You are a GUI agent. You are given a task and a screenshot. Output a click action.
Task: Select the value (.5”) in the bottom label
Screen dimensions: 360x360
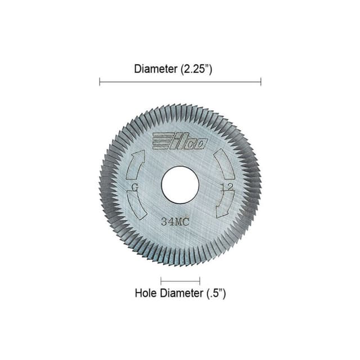214,293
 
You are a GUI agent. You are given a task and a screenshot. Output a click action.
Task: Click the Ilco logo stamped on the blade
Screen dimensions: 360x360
180,141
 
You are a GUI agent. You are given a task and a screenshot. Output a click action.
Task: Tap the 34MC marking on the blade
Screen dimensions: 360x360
175,222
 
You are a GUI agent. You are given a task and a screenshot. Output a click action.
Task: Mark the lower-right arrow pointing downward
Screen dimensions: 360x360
225,204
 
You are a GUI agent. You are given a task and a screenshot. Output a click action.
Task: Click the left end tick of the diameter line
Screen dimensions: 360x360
100,82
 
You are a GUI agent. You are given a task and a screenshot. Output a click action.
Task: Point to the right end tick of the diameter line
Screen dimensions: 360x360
261,82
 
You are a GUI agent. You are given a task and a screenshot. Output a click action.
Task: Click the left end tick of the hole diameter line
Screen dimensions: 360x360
161,280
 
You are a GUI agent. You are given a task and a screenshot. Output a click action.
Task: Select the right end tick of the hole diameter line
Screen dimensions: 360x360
200,280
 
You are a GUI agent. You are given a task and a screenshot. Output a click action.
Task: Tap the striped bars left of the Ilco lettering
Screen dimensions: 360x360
161,141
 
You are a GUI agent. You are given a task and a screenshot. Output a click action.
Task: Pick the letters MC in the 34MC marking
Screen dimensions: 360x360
181,222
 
